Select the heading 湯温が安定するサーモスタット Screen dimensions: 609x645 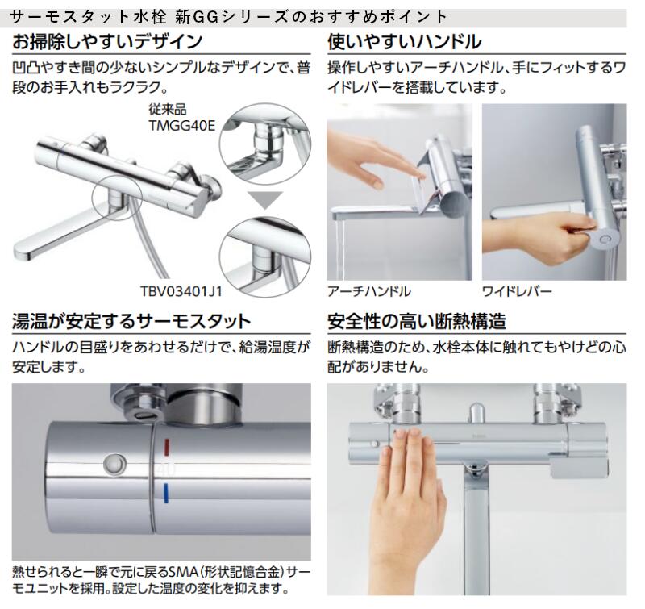click(131, 323)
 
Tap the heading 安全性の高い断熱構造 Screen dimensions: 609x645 click(417, 323)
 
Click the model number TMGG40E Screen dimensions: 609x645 click(177, 125)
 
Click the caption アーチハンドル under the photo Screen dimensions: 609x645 click(369, 291)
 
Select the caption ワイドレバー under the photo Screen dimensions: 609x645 click(518, 291)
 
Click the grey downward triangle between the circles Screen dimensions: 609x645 click(264, 199)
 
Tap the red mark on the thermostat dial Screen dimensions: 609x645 click(165, 444)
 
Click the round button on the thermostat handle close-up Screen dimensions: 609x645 click(113, 465)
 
